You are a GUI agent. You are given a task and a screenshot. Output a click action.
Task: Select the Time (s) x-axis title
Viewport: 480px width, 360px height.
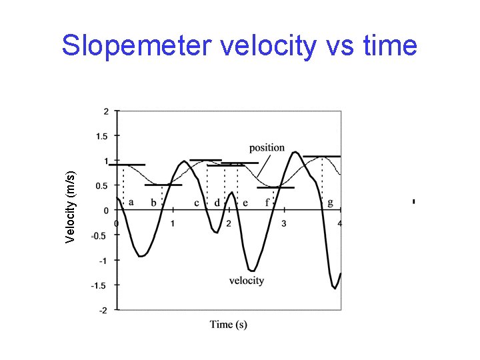pyautogui.click(x=229, y=325)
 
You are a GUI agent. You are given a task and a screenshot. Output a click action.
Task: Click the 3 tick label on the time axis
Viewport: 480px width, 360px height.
pyautogui.click(x=285, y=223)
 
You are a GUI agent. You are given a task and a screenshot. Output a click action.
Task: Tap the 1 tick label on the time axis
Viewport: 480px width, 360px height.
pyautogui.click(x=173, y=223)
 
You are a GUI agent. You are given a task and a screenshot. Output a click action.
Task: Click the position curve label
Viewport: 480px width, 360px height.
pyautogui.click(x=267, y=147)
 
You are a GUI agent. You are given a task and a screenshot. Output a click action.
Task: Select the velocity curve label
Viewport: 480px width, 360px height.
pyautogui.click(x=247, y=281)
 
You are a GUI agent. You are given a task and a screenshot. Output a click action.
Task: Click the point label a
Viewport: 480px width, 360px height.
pyautogui.click(x=131, y=201)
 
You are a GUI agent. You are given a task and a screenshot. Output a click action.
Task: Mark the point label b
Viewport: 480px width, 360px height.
pyautogui.click(x=154, y=203)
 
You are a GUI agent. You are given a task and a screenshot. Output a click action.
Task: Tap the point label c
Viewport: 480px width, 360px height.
pyautogui.click(x=197, y=203)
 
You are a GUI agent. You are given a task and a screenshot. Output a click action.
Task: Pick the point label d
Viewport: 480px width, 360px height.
pyautogui.click(x=217, y=203)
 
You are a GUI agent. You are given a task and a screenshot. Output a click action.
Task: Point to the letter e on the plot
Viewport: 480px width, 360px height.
pyautogui.click(x=245, y=203)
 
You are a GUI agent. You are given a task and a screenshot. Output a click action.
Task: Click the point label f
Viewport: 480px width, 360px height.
pyautogui.click(x=267, y=202)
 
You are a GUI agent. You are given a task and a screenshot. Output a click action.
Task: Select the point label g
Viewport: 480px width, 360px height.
pyautogui.click(x=331, y=203)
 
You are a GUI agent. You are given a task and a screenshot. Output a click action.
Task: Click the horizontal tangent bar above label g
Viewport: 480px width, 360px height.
pyautogui.click(x=321, y=157)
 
